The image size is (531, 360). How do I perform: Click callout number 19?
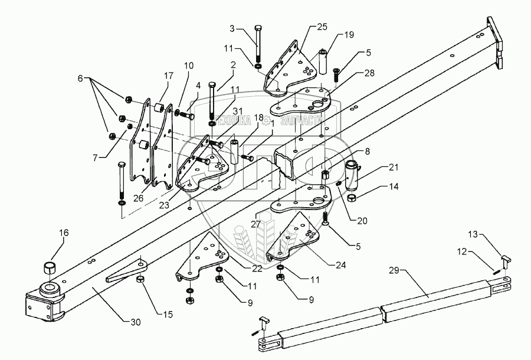coord(349,35)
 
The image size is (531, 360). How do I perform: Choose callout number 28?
coord(352,73)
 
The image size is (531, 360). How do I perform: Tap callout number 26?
coord(139,198)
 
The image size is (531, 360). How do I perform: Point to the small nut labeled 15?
coord(141,279)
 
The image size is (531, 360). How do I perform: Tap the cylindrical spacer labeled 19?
coord(323,62)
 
